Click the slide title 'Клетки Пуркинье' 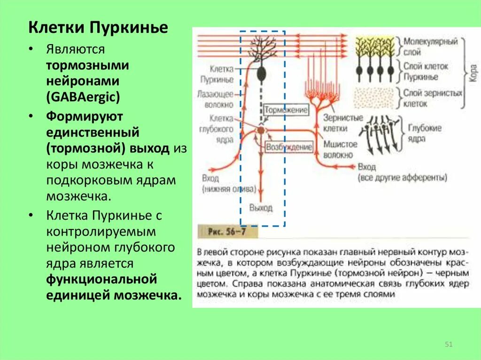(98, 28)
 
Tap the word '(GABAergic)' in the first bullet (83, 97)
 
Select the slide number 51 (448, 345)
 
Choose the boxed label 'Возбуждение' (289, 147)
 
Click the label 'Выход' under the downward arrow (261, 207)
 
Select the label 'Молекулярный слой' (430, 47)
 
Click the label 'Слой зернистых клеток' (432, 98)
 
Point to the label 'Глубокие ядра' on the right (424, 133)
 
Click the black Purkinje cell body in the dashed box (261, 73)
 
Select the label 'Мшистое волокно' (340, 149)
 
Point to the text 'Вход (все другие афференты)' (401, 173)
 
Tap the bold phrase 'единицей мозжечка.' (113, 295)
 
